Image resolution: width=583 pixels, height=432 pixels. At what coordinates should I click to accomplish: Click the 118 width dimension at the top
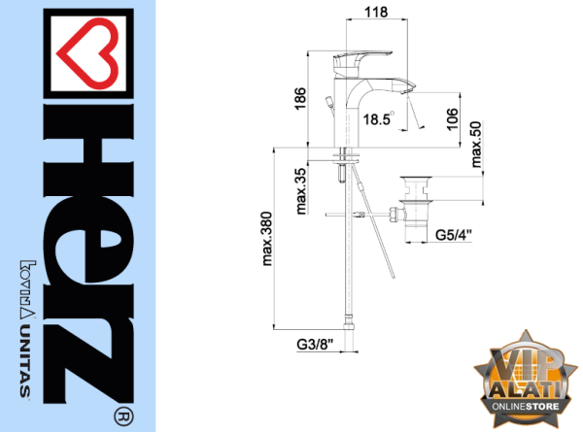376,13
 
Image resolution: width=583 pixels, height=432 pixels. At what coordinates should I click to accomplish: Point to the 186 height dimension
300,98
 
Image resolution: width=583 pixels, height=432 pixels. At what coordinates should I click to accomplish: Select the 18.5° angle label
378,118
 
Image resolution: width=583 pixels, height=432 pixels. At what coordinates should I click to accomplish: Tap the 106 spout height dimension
452,119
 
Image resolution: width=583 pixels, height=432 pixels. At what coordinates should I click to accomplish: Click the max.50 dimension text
476,144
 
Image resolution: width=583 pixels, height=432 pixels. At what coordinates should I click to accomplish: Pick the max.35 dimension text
301,191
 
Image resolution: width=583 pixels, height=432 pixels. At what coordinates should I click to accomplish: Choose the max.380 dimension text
267,239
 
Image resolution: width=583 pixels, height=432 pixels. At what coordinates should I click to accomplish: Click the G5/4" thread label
454,235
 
